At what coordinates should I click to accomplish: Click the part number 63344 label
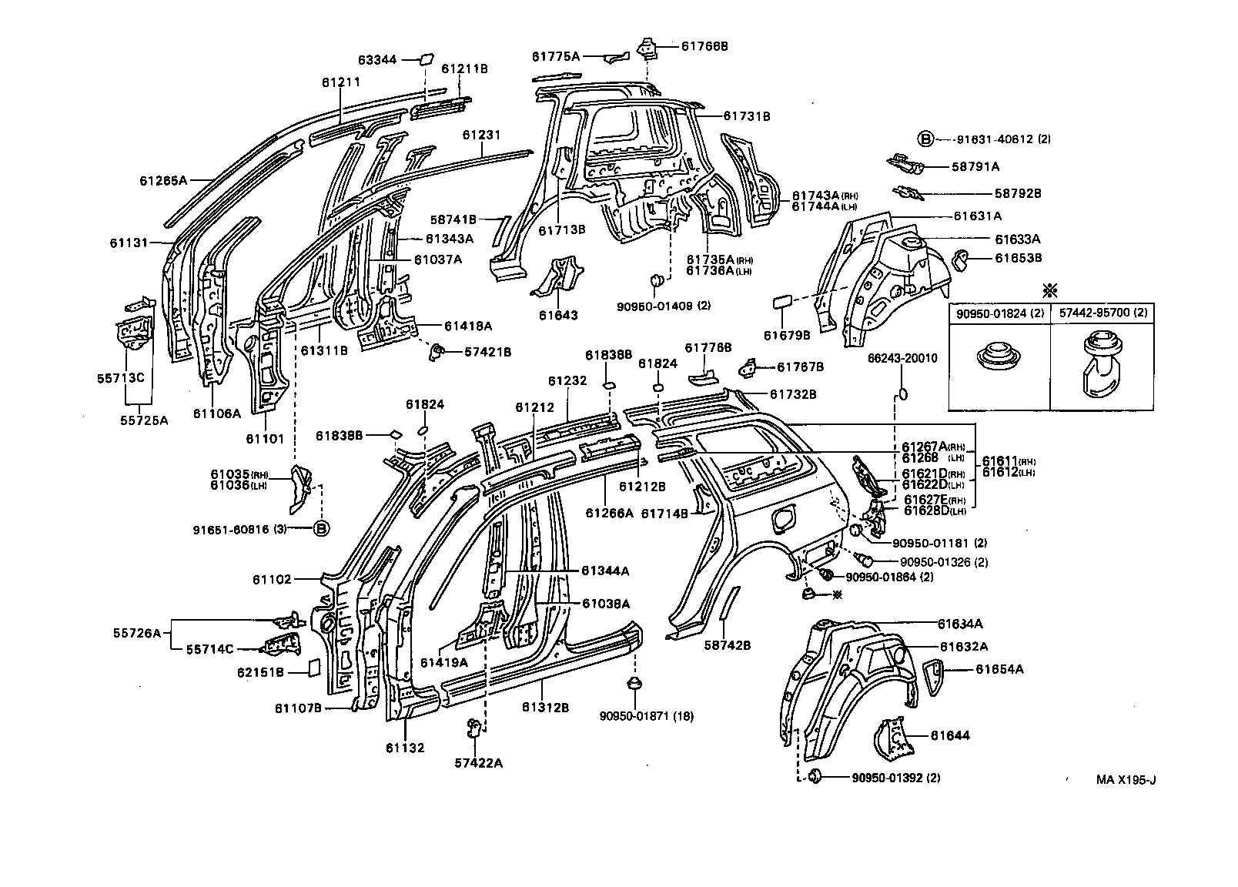point(377,59)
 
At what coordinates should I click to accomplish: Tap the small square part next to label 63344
point(425,59)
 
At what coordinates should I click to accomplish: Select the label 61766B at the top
point(704,46)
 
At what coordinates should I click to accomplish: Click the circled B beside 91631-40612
point(925,139)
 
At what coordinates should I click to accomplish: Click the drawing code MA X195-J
point(1126,779)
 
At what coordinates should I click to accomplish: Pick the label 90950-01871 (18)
point(647,716)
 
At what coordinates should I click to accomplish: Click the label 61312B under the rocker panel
point(545,708)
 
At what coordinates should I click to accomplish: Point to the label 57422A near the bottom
point(478,762)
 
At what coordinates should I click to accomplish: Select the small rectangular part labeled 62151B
point(314,667)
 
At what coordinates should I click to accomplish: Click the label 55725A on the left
point(143,420)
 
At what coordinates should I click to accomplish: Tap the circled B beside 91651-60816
point(321,528)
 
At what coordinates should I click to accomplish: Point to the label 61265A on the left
point(163,180)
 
